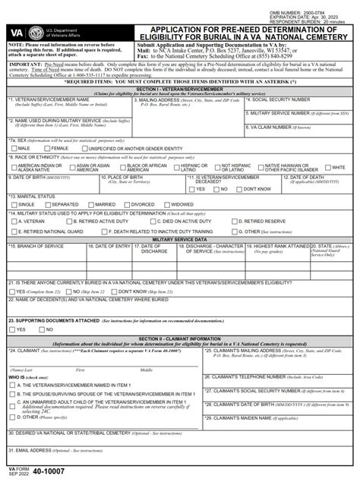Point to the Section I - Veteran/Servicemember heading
coord(180,88)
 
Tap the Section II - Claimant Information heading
coord(180,338)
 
